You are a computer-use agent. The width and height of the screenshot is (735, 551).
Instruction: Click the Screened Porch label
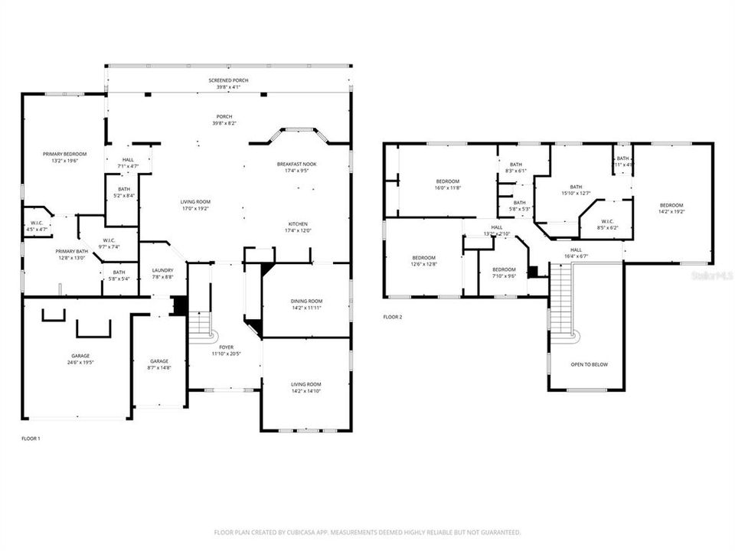tap(228, 80)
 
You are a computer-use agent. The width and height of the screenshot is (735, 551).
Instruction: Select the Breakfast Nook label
tap(296, 164)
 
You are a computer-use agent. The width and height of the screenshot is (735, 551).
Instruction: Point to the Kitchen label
tap(297, 223)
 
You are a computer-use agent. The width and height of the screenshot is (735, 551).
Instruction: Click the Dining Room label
tap(306, 301)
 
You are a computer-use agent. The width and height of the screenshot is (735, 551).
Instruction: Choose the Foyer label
tap(227, 347)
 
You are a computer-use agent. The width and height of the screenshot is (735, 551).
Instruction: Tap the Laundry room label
tap(162, 269)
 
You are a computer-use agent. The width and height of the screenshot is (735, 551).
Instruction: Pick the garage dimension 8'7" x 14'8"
tap(159, 367)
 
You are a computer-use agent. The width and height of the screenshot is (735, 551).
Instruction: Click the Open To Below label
tap(589, 364)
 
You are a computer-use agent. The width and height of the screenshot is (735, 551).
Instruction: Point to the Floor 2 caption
tap(392, 316)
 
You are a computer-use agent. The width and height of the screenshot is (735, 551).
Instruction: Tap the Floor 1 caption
tap(30, 439)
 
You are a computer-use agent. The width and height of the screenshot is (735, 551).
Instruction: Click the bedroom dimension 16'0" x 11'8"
tap(448, 187)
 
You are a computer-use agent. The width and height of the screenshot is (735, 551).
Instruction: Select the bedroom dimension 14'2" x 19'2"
tap(671, 211)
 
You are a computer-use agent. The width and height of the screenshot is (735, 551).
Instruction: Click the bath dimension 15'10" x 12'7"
tap(576, 193)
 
